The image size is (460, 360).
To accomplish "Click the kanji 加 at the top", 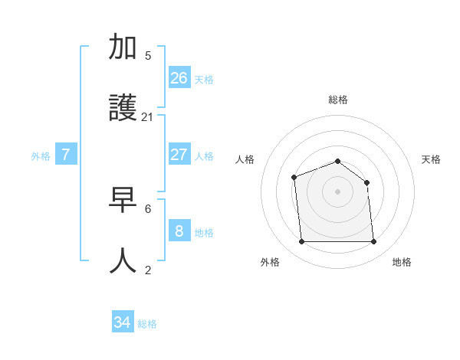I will pyautogui.click(x=123, y=47).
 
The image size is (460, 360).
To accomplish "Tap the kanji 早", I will pyautogui.click(x=123, y=201).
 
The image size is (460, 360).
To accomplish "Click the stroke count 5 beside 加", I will pyautogui.click(x=148, y=55).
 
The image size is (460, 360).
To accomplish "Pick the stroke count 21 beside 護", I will pyautogui.click(x=148, y=117).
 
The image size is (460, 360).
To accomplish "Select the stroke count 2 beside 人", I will pyautogui.click(x=148, y=270).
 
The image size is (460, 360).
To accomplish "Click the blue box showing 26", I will pyautogui.click(x=179, y=77).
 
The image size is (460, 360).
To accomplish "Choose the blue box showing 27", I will pyautogui.click(x=179, y=154).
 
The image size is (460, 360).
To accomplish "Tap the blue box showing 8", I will pyautogui.click(x=179, y=231).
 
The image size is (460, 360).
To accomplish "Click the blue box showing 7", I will pyautogui.click(x=66, y=154).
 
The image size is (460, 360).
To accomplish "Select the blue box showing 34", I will pyautogui.click(x=123, y=322).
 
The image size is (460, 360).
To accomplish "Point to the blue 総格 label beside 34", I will pyautogui.click(x=147, y=324).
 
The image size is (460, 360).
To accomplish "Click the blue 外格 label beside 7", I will pyautogui.click(x=41, y=156).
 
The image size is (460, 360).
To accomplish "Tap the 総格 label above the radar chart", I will pyautogui.click(x=338, y=100).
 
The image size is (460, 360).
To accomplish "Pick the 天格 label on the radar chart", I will pyautogui.click(x=432, y=159).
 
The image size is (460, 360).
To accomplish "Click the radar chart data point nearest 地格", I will pyautogui.click(x=374, y=242).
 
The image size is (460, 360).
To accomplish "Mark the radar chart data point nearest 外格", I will pyautogui.click(x=301, y=242).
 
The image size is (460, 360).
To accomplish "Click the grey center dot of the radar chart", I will pyautogui.click(x=337, y=191).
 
